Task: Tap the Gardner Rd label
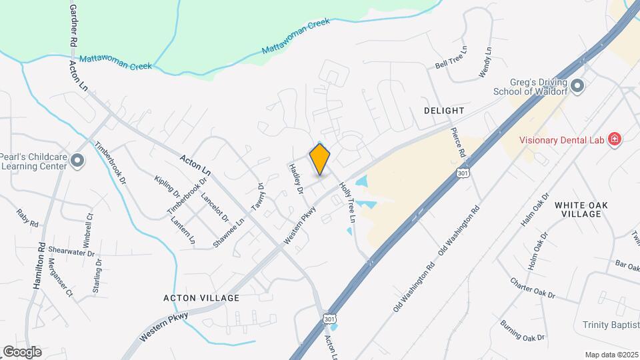click(x=72, y=25)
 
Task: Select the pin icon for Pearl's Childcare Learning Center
click(x=78, y=159)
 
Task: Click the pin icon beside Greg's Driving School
click(x=577, y=85)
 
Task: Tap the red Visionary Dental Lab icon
click(x=615, y=140)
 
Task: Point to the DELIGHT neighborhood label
click(x=443, y=110)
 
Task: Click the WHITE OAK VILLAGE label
click(x=578, y=209)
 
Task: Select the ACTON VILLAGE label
click(x=201, y=298)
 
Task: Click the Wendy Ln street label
click(x=485, y=61)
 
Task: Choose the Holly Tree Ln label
click(x=348, y=203)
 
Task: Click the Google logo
click(x=22, y=351)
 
